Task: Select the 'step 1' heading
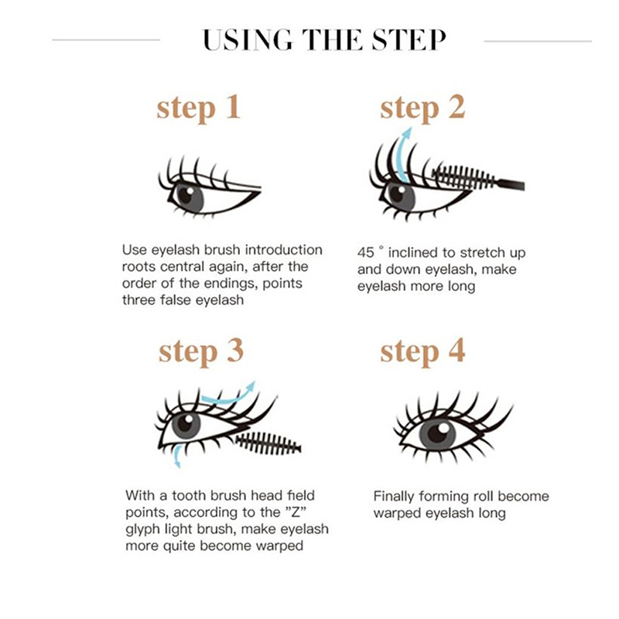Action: (199, 108)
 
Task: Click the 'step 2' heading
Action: (422, 108)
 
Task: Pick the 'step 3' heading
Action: (201, 351)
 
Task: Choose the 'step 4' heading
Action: (422, 351)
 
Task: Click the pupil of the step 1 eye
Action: (186, 194)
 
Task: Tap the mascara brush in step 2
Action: (477, 178)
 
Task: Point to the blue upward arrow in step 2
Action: (403, 155)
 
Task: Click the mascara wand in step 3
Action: (269, 443)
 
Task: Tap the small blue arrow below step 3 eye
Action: (178, 456)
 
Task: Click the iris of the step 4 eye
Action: (437, 434)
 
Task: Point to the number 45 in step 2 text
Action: (365, 253)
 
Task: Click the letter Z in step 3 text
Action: (296, 512)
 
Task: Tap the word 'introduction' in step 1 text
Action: (283, 250)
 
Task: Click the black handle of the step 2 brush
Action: (511, 184)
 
